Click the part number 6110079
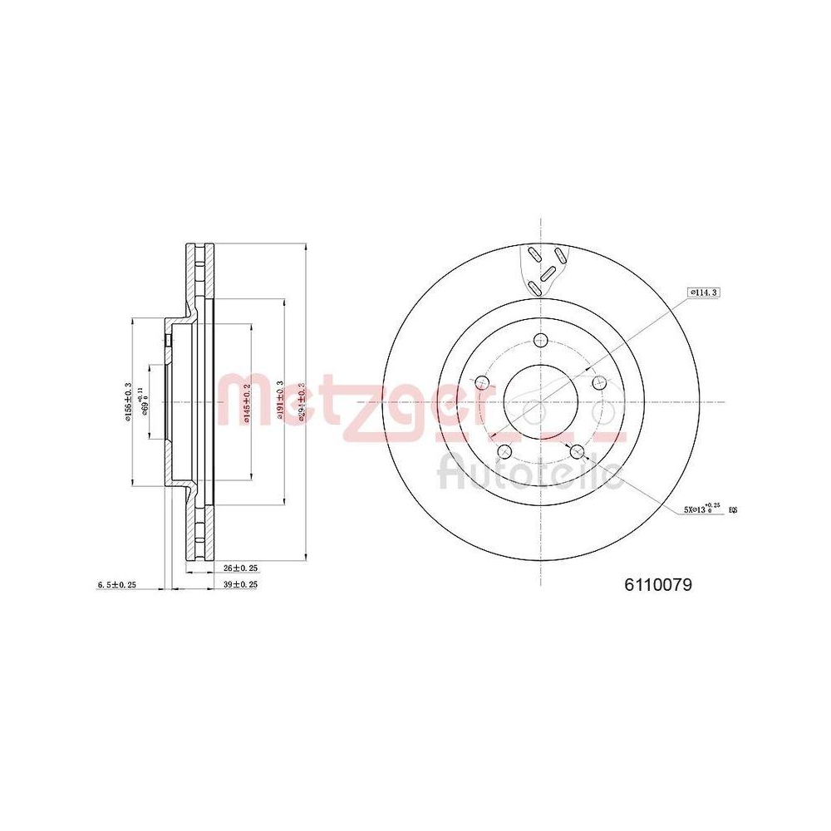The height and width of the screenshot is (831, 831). [x=658, y=584]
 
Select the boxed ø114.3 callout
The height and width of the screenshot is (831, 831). [x=703, y=292]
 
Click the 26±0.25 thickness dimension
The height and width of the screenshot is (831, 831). [x=241, y=568]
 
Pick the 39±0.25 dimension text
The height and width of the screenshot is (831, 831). [x=241, y=585]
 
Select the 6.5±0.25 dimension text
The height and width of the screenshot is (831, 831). [x=116, y=585]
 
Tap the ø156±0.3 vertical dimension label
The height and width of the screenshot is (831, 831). [x=128, y=402]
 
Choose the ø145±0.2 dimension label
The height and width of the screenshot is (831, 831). [x=246, y=402]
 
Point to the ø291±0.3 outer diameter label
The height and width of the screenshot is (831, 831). [x=301, y=402]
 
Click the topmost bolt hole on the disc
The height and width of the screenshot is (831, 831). [x=541, y=339]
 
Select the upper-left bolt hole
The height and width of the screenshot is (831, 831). [x=482, y=382]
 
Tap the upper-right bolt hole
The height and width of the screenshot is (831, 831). [x=597, y=381]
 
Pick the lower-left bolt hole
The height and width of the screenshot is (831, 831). [x=504, y=451]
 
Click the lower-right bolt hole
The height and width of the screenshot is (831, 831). [x=578, y=451]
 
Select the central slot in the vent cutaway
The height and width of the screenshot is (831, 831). [x=548, y=272]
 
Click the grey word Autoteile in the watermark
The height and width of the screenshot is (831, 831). [x=529, y=474]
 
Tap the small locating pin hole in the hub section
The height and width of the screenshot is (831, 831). [x=168, y=340]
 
